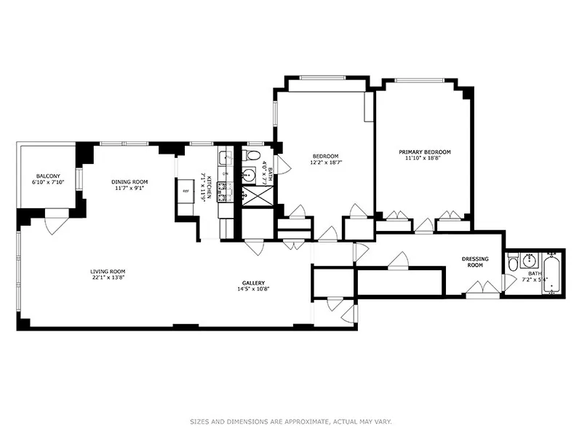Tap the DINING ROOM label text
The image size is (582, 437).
[x=129, y=181]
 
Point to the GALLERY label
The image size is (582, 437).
[x=253, y=283]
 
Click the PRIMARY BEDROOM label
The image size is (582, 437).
[x=424, y=152]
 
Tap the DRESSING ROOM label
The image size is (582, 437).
[x=475, y=262]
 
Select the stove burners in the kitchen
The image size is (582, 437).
[x=226, y=192]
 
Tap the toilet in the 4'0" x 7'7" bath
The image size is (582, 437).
[x=251, y=155]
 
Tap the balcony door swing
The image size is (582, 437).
[x=55, y=223]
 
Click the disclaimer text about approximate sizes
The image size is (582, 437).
[x=290, y=421]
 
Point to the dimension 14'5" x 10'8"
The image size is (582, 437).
[x=253, y=290]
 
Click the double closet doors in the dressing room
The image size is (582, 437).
[x=481, y=293]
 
